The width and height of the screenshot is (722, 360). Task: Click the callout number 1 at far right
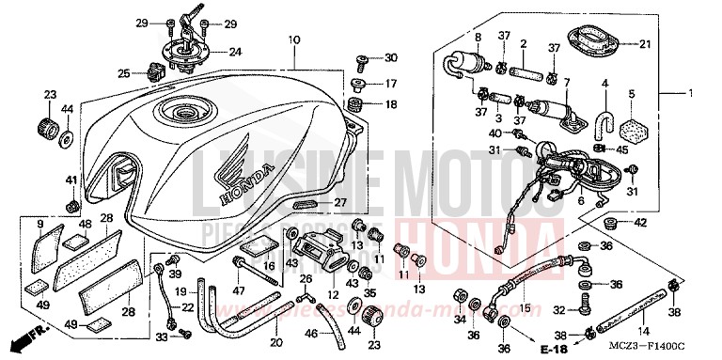point(690,92)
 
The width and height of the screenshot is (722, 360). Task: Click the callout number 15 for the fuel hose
point(525,308)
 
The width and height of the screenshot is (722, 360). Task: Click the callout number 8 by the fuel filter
point(477,38)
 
